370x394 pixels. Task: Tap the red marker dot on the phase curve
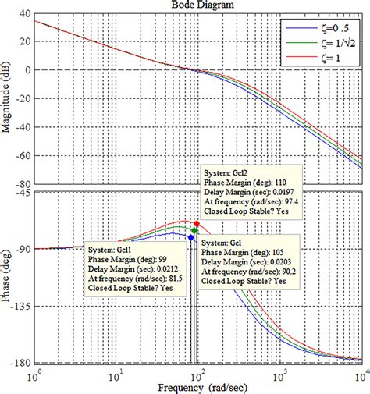(197, 224)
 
